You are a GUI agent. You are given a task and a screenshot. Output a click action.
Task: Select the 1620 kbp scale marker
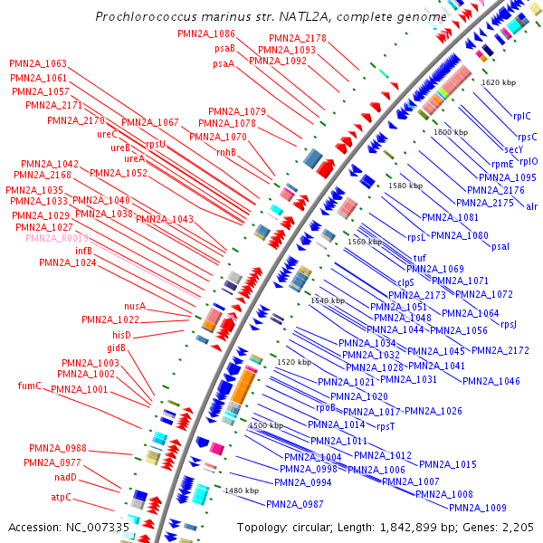click(498, 82)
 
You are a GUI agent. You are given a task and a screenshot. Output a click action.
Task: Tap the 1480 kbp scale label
click(241, 490)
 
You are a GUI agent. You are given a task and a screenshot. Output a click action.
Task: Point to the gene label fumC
click(30, 386)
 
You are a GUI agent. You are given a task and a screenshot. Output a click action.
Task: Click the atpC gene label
click(61, 497)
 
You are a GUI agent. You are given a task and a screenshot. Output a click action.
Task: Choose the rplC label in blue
click(522, 116)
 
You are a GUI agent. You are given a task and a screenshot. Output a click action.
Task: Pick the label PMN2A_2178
click(297, 38)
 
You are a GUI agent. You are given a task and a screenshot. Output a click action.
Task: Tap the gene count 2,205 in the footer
click(517, 527)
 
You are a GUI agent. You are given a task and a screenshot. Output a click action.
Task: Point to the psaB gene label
click(224, 48)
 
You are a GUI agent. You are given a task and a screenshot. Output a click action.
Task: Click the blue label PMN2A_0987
click(294, 504)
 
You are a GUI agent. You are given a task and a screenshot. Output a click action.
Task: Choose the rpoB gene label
click(326, 408)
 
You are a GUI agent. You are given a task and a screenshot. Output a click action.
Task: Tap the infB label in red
click(83, 251)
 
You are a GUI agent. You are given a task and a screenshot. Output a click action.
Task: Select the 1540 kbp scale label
click(328, 300)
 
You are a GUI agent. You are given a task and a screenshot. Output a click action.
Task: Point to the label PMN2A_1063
click(38, 64)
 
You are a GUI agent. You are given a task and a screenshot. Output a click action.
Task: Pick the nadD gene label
click(65, 477)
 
